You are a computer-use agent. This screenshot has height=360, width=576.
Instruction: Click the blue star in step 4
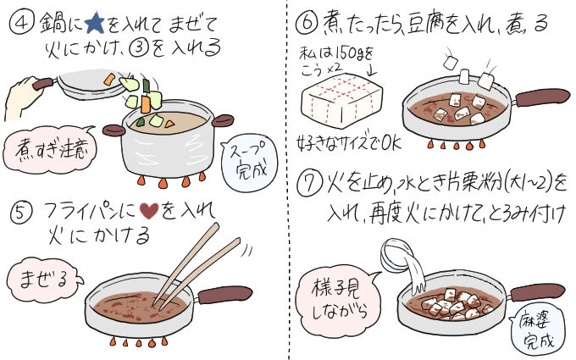94,24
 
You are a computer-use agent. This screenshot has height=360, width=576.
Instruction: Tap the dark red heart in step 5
150,211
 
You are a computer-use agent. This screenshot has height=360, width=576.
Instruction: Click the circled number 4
22,23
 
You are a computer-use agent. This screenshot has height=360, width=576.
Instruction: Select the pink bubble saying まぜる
44,280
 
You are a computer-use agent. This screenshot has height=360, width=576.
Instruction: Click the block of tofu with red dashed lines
341,100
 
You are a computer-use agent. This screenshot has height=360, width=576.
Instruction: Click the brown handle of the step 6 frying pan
543,97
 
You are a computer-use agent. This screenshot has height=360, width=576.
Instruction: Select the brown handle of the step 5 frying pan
224,295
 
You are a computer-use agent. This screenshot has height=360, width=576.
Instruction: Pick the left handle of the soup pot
114,130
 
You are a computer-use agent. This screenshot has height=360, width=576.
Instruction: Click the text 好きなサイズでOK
349,142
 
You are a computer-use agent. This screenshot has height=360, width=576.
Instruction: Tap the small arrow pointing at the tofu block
373,69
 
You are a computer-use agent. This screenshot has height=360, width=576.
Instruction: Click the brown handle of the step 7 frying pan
537,293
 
